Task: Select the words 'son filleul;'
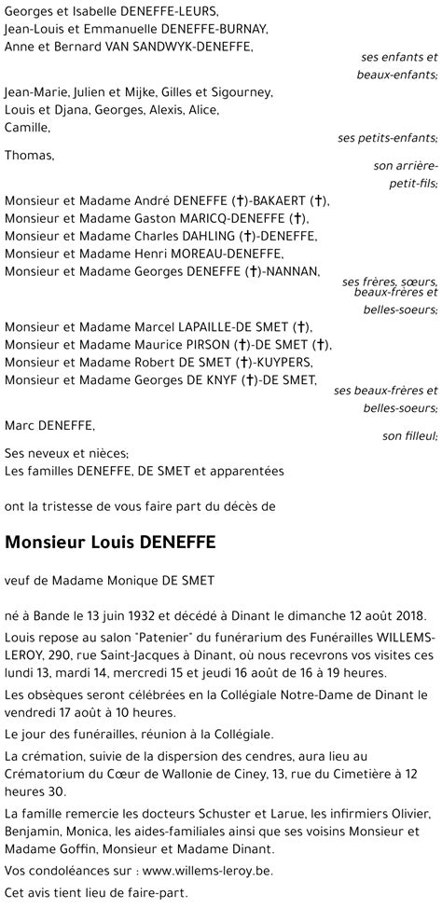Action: pos(409,435)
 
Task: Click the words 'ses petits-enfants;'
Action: pos(388,138)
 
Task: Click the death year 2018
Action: pos(407,617)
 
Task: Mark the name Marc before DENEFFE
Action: pos(20,426)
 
